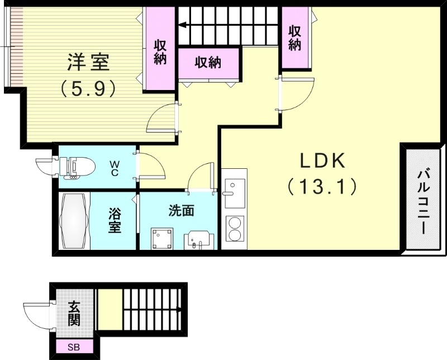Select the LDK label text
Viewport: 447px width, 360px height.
tap(324, 162)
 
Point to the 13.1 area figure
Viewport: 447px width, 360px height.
tap(322, 186)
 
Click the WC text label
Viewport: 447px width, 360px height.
tap(114, 168)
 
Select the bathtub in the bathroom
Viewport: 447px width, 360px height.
tap(73, 221)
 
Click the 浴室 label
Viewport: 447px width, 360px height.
tap(115, 221)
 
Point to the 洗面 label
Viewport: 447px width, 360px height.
tap(182, 211)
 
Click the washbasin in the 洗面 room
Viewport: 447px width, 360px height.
tap(198, 240)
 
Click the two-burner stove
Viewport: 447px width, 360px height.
tap(234, 228)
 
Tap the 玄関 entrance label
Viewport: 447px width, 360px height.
tap(74, 313)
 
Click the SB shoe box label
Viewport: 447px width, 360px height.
tap(74, 348)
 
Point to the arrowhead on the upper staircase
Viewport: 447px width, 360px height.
tap(182, 25)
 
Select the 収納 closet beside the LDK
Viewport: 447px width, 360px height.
tap(295, 38)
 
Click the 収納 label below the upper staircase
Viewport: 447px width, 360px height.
tap(208, 63)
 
